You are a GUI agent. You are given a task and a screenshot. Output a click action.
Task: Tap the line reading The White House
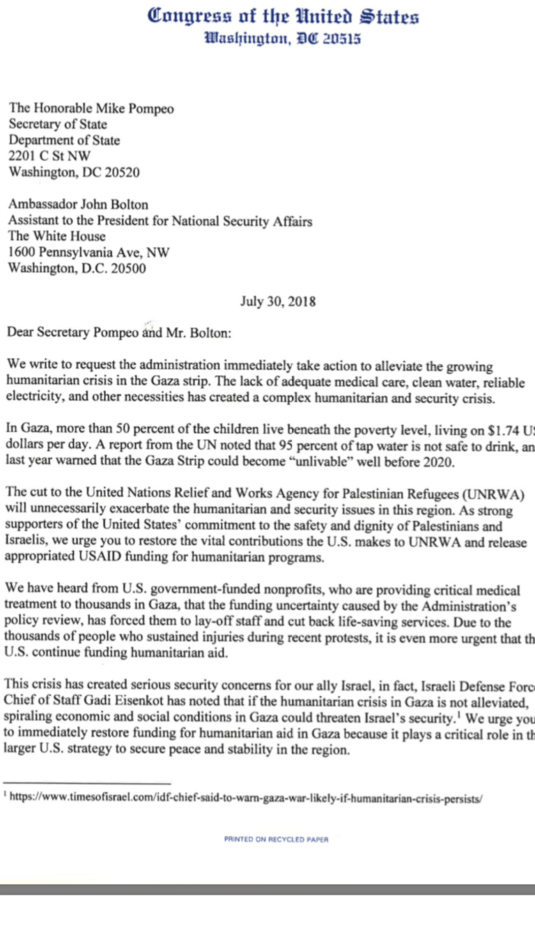[56, 237]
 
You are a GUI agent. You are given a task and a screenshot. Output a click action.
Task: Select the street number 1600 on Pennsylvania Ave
[22, 253]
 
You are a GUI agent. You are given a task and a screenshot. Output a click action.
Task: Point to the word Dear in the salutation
[20, 332]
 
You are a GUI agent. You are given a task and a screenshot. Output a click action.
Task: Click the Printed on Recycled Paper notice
[276, 840]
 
